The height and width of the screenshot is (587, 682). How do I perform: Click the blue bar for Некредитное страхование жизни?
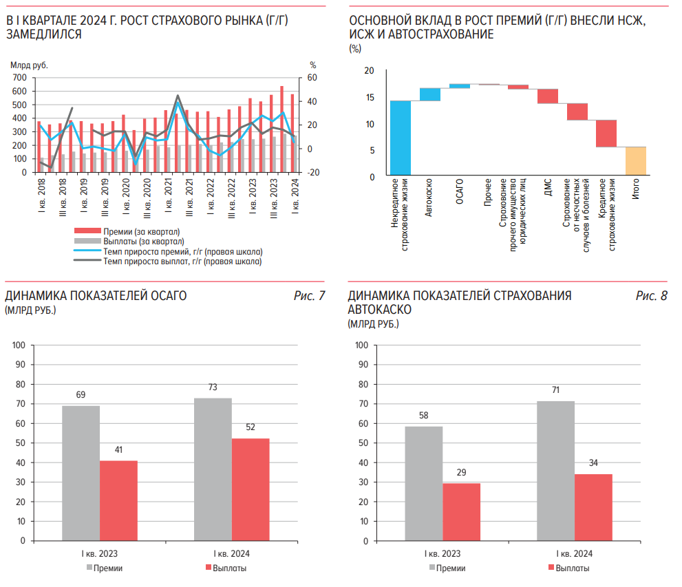coord(401,138)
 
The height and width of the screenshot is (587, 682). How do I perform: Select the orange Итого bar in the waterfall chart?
coord(636,161)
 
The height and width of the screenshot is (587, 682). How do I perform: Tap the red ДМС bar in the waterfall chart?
coord(548,96)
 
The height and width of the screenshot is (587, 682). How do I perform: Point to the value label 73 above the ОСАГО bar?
coord(213,387)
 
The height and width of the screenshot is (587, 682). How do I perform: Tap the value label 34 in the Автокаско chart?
coord(593,462)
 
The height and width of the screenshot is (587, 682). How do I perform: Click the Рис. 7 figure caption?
coord(309,296)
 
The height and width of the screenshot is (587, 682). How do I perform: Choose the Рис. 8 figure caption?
coord(651,296)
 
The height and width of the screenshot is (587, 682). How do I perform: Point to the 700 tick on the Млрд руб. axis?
coord(19,78)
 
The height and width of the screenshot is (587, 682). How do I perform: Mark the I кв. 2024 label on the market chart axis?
coord(295,197)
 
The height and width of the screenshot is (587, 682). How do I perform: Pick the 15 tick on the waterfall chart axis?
coord(370,98)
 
